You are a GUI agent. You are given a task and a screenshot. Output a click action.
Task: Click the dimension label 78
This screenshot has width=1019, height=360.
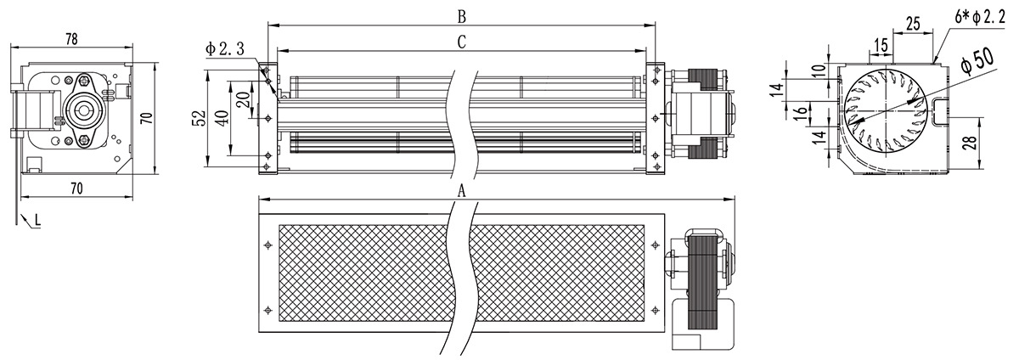coord(71,39)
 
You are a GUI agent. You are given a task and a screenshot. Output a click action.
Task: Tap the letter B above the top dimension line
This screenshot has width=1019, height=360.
coord(462,17)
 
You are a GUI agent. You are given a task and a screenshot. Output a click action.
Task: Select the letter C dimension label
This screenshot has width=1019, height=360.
coord(462,42)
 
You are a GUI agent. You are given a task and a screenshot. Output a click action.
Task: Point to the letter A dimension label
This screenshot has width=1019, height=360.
coord(462,192)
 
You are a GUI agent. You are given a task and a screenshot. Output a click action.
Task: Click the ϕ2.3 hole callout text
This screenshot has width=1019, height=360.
coord(225,48)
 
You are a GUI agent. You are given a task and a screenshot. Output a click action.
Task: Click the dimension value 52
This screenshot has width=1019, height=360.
coord(200,117)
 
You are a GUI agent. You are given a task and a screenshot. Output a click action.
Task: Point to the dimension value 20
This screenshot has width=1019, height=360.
coord(244,99)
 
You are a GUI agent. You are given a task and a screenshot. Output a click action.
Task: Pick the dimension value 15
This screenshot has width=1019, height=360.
coord(881,46)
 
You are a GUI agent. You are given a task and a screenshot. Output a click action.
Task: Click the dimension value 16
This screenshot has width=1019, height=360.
coord(802,110)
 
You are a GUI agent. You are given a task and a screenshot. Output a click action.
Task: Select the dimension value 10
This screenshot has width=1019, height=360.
coord(819,70)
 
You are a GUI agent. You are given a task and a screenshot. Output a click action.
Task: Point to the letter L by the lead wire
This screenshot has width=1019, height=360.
coord(37,221)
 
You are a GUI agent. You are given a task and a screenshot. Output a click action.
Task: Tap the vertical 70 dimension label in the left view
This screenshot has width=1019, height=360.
coord(145,118)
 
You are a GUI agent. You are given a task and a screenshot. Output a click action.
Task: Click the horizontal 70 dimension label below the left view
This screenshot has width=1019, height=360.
coord(77,188)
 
